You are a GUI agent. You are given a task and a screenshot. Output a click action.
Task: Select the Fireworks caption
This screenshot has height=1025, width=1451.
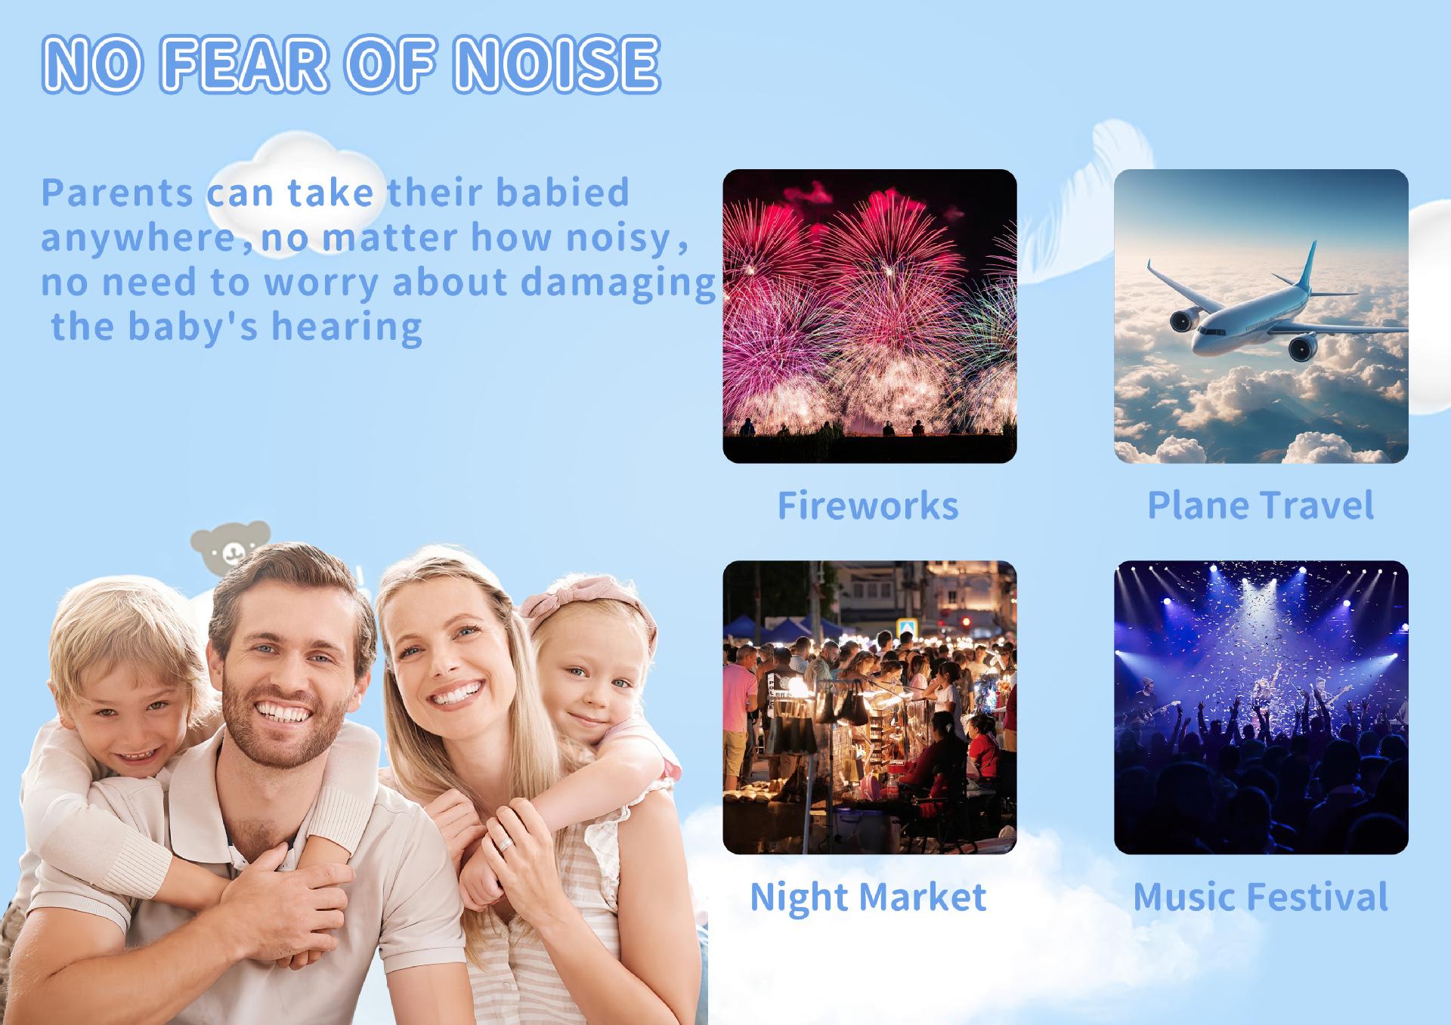(868, 505)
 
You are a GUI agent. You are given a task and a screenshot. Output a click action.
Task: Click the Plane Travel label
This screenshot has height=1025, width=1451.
(1261, 505)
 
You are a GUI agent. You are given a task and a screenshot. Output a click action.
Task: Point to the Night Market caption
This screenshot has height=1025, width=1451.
(868, 897)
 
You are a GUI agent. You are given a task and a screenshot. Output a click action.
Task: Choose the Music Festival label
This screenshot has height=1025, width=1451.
(1261, 897)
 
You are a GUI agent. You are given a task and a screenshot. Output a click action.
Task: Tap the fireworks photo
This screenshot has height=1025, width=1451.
(870, 316)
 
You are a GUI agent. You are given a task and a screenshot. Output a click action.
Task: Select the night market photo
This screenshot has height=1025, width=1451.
(870, 707)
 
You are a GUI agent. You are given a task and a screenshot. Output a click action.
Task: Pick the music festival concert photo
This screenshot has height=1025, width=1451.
(1261, 707)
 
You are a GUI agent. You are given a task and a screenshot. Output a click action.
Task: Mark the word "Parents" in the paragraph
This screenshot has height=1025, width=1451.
(117, 193)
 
